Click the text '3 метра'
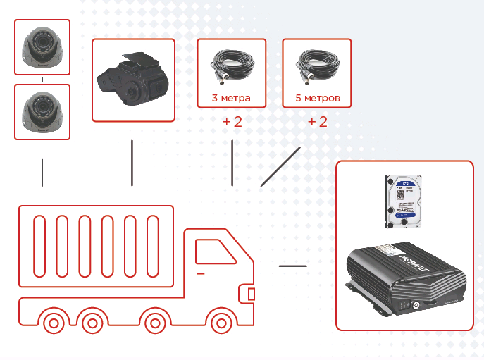231,98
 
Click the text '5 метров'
318,98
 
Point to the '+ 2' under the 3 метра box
232,122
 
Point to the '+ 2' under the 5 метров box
318,122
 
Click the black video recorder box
405,278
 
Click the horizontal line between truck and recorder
293,266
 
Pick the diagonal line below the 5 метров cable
280,167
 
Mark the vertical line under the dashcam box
132,163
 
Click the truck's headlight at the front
252,294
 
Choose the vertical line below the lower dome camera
43,172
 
